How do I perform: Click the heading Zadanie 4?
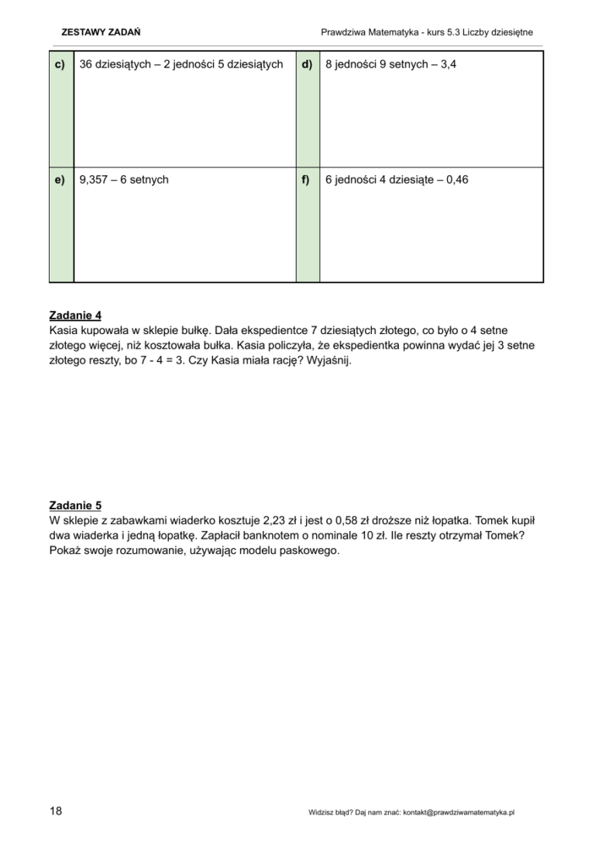coord(75,315)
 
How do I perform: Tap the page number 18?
coord(56,811)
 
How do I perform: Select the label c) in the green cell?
coord(61,65)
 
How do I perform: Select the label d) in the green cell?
coord(307,65)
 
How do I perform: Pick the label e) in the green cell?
coord(61,181)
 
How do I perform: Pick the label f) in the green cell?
coord(307,181)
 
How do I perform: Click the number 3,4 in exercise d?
coord(448,65)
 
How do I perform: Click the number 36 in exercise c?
coord(86,65)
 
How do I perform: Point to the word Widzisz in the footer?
coord(320,812)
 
